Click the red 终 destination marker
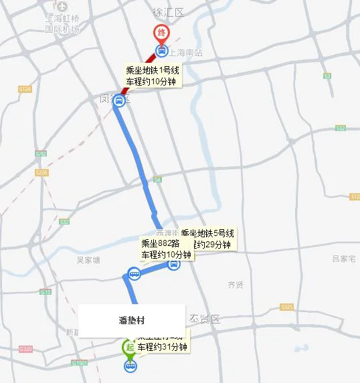point(161,33)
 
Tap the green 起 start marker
point(128,347)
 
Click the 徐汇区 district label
point(168,12)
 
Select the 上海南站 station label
point(185,51)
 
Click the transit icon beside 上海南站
point(161,51)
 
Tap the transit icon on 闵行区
point(119,102)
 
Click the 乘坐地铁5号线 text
point(207,233)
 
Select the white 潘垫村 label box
point(131,320)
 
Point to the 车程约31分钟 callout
point(162,347)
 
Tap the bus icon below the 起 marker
point(129,365)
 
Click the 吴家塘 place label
point(88,259)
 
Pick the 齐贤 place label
point(236,284)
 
